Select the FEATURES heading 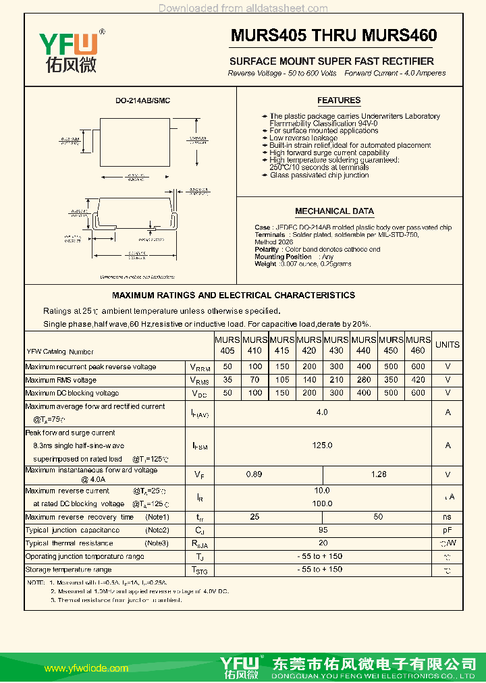pyautogui.click(x=339, y=101)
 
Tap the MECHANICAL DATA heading pyautogui.click(x=334, y=211)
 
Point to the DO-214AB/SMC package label pyautogui.click(x=142, y=101)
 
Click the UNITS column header pyautogui.click(x=447, y=345)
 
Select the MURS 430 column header pyautogui.click(x=336, y=345)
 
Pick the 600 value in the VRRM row pyautogui.click(x=418, y=366)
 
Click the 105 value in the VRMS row pyautogui.click(x=281, y=380)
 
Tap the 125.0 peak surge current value pyautogui.click(x=322, y=445)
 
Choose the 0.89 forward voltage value pyautogui.click(x=254, y=474)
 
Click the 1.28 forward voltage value pyautogui.click(x=379, y=474)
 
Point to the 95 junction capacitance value pyautogui.click(x=323, y=530)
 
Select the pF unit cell pyautogui.click(x=447, y=530)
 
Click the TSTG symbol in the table pyautogui.click(x=199, y=570)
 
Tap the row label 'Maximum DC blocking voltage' pyautogui.click(x=72, y=393)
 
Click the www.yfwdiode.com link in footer pyautogui.click(x=86, y=668)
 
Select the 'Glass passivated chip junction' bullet pyautogui.click(x=319, y=175)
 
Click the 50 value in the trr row pyautogui.click(x=378, y=517)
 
